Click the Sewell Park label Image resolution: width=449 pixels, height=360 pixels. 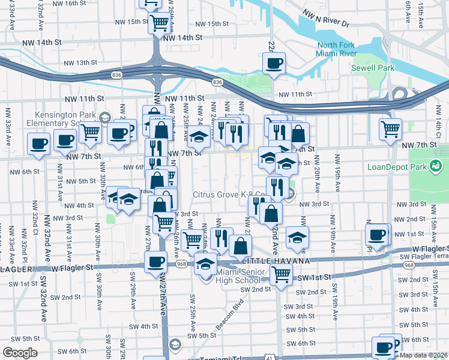tap(373, 68)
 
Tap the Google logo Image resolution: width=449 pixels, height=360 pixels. tap(20, 353)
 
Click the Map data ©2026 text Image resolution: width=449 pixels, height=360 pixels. tap(424, 355)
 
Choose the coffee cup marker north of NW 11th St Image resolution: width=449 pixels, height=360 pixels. tap(274, 63)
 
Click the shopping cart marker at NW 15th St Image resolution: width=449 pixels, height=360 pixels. tap(160, 23)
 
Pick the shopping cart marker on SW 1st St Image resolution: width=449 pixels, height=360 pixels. tap(281, 275)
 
